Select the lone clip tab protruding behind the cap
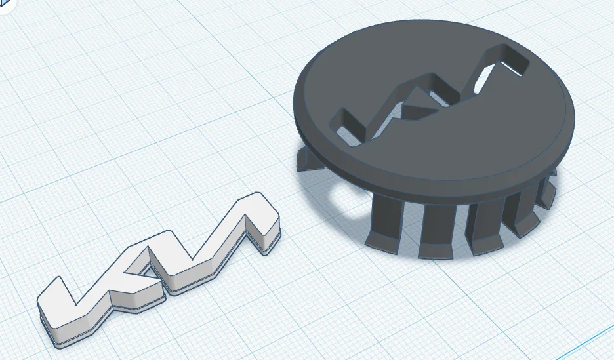[308, 159]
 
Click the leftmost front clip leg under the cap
[386, 223]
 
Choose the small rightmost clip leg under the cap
[548, 191]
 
